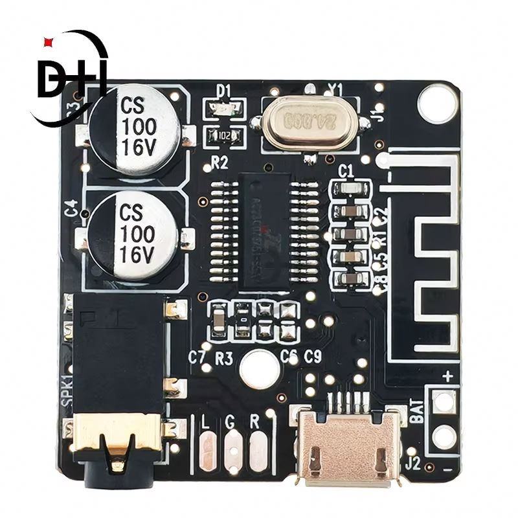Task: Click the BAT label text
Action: point(418,412)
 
